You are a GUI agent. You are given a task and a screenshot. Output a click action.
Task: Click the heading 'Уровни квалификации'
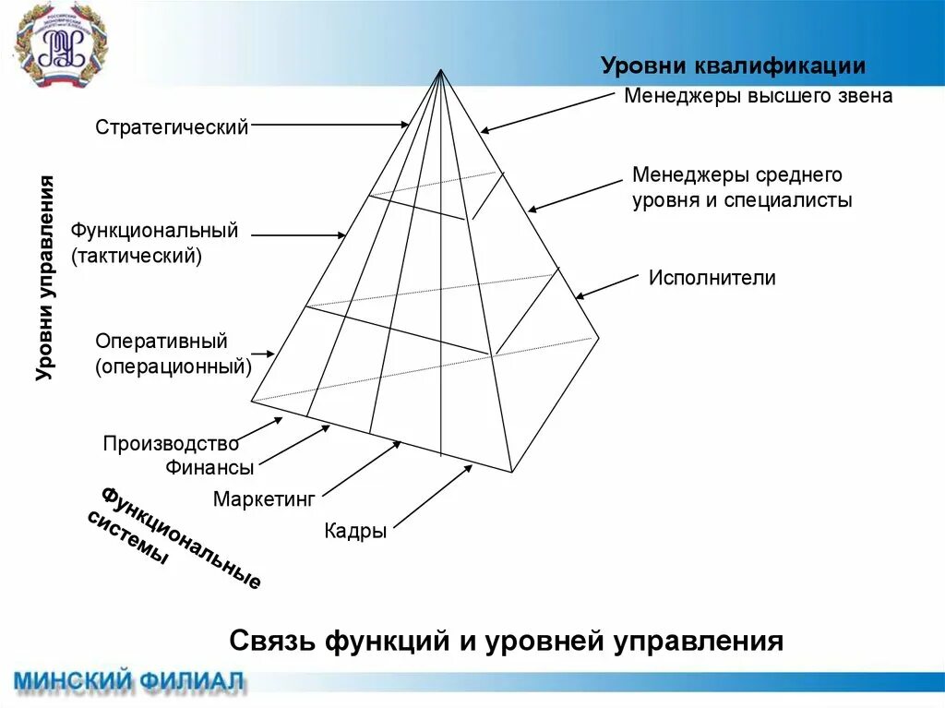(x=733, y=66)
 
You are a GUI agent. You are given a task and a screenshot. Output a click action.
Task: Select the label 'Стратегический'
(x=172, y=126)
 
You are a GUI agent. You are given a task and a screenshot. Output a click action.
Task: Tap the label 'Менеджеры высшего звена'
(x=758, y=95)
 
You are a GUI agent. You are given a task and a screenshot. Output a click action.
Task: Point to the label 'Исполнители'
(x=712, y=278)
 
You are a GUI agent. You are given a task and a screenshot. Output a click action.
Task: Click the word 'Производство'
(x=171, y=443)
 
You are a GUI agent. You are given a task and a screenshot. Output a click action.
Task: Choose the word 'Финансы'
(x=209, y=467)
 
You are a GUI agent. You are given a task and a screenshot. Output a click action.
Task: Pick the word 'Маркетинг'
(x=264, y=499)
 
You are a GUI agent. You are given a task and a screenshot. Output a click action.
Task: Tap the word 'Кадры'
(x=355, y=532)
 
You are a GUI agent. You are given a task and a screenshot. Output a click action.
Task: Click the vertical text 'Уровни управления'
(x=46, y=277)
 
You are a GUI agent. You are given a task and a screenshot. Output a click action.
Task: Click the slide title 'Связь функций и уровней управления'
(x=506, y=641)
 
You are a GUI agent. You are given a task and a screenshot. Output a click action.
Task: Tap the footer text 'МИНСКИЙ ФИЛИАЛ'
(x=129, y=682)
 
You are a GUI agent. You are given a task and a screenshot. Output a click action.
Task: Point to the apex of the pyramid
(x=441, y=70)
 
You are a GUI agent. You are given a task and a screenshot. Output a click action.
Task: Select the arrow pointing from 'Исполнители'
(x=606, y=286)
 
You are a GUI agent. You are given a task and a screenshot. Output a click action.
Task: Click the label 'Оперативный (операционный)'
(x=173, y=354)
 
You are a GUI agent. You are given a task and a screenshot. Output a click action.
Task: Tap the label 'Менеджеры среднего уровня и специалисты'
(x=741, y=187)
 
